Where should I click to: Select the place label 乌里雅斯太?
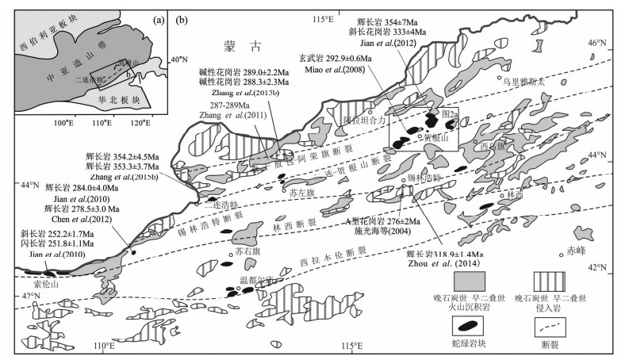click(x=523, y=81)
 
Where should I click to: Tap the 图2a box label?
click(x=451, y=115)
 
